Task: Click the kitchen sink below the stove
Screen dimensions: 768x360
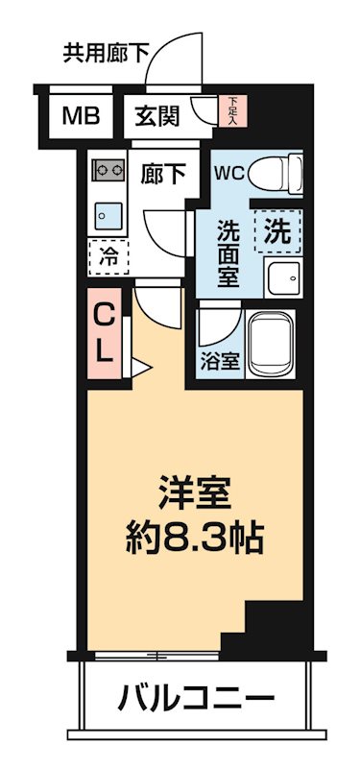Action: tap(105, 212)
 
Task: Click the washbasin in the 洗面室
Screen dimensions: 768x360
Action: tap(282, 278)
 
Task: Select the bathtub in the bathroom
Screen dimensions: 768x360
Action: tap(275, 344)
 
